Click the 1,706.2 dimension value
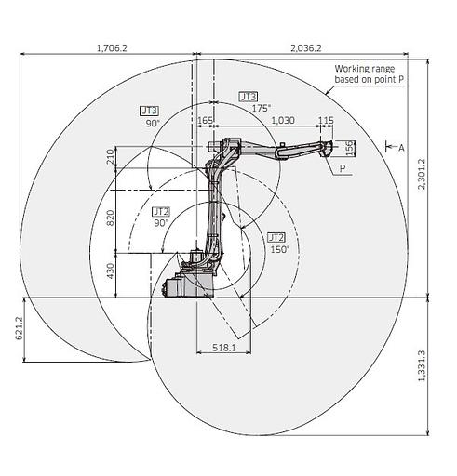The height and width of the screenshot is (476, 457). pos(112,48)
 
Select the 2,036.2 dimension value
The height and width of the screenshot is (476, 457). pos(306,48)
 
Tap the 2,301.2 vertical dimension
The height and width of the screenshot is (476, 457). pos(422,174)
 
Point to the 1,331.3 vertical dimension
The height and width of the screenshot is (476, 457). pos(422,365)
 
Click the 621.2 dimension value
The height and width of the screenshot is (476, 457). pos(20,328)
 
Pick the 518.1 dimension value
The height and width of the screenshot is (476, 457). pos(224,348)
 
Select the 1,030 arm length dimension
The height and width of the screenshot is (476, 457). pos(283,120)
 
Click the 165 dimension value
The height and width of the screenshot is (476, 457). pos(205,120)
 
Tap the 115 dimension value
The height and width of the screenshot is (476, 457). pos(327,120)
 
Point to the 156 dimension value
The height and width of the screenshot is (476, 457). pos(349,148)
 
